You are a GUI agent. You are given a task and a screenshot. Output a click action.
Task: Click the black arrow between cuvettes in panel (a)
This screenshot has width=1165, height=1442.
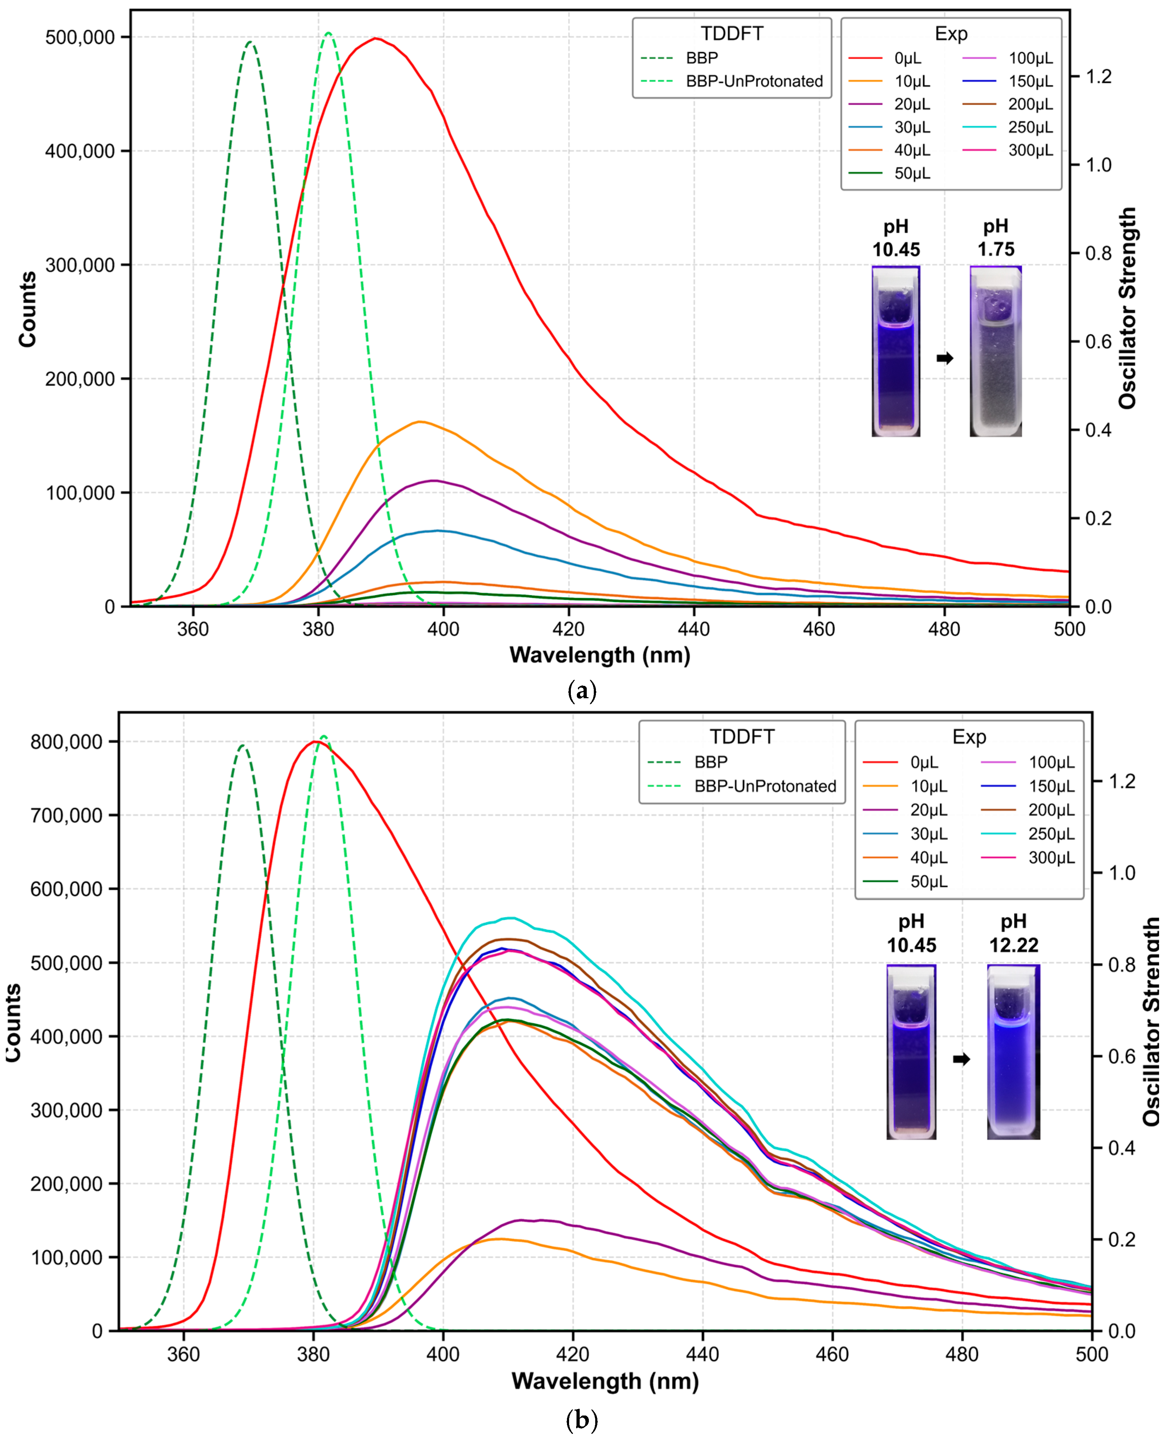(x=945, y=358)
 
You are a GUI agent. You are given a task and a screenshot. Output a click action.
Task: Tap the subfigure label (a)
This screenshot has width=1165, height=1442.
(x=581, y=690)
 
